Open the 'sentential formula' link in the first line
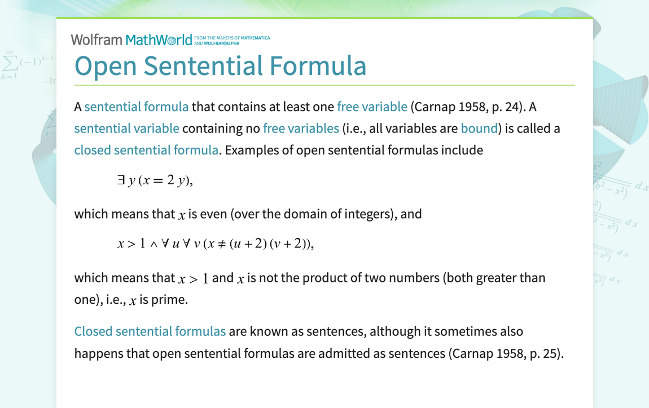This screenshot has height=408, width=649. click(x=136, y=107)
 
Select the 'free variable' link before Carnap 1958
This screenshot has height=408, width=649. click(x=372, y=107)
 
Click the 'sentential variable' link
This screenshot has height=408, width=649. click(x=126, y=128)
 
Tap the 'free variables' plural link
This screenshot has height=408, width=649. click(x=301, y=128)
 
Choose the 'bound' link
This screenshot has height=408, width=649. click(x=479, y=128)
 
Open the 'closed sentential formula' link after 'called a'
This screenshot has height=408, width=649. click(x=146, y=150)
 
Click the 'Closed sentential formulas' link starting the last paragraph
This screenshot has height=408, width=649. click(x=150, y=331)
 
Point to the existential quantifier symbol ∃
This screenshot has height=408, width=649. click(x=120, y=181)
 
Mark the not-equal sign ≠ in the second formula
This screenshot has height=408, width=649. click(x=222, y=245)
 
